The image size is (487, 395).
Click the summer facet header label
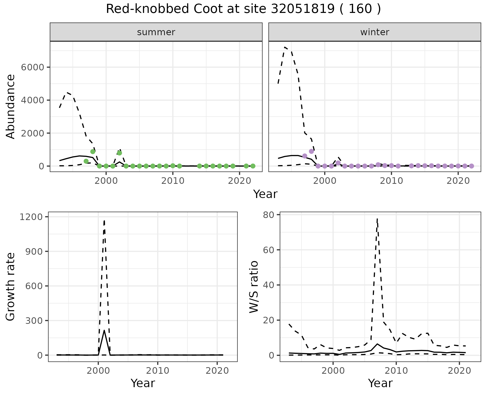(x=156, y=32)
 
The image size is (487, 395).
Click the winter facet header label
(x=375, y=32)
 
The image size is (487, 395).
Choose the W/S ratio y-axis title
(x=254, y=287)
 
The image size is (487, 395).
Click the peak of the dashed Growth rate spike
(x=104, y=220)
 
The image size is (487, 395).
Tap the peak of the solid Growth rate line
(x=104, y=330)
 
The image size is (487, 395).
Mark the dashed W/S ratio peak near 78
(x=377, y=218)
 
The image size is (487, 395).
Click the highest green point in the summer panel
(x=93, y=151)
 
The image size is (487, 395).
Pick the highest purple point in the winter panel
(x=311, y=151)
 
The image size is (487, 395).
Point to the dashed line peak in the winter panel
(x=285, y=47)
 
